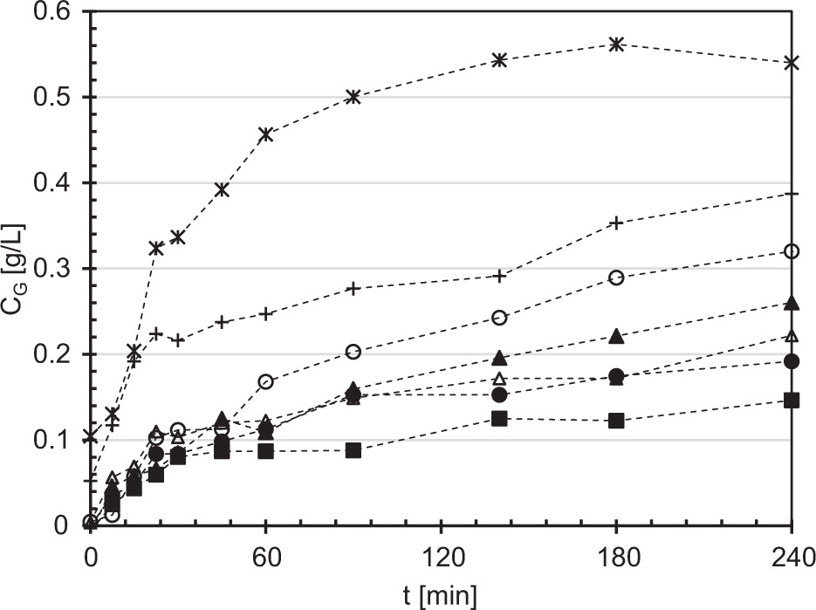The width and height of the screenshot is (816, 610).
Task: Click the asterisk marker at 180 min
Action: pyautogui.click(x=616, y=44)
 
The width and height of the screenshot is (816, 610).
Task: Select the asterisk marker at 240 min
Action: pyautogui.click(x=792, y=63)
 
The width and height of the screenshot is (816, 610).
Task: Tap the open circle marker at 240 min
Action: pyautogui.click(x=792, y=251)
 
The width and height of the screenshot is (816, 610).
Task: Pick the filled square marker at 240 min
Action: pyautogui.click(x=792, y=401)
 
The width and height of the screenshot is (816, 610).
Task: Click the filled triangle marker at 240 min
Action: pyautogui.click(x=792, y=303)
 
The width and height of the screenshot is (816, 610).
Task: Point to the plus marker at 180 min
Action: pyautogui.click(x=616, y=223)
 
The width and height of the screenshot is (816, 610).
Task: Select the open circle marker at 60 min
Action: pyautogui.click(x=266, y=381)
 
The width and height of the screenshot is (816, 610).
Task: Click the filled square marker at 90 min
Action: pyautogui.click(x=353, y=450)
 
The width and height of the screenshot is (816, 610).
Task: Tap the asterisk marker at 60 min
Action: pyautogui.click(x=266, y=134)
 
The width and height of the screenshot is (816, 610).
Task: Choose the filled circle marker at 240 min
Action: pyautogui.click(x=792, y=361)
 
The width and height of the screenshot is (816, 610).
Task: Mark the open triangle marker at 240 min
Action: pyautogui.click(x=792, y=336)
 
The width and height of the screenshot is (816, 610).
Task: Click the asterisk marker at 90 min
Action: pyautogui.click(x=353, y=97)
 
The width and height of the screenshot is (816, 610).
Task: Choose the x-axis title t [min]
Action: pyautogui.click(x=441, y=596)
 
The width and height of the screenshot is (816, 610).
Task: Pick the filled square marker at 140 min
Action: pyautogui.click(x=499, y=419)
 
